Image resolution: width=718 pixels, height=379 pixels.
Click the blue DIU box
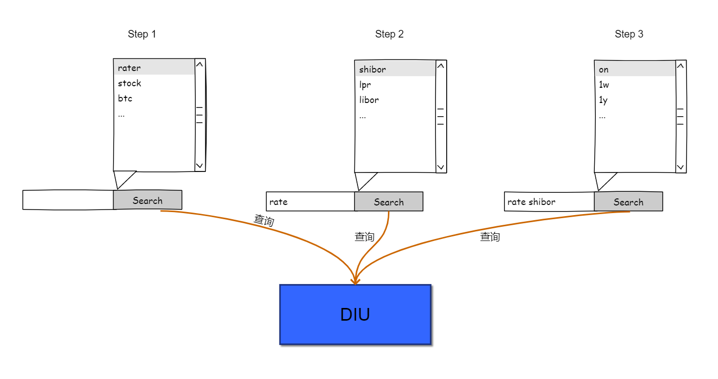[x=355, y=314]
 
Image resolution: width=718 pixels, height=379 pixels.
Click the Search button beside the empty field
[x=147, y=200]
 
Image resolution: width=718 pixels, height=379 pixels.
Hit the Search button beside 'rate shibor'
[x=628, y=202]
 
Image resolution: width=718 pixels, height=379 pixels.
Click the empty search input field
[x=68, y=200]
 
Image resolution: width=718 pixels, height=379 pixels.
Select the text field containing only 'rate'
[x=310, y=202]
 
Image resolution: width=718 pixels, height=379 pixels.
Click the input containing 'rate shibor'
[x=549, y=202]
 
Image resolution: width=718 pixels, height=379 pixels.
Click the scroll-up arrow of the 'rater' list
[x=200, y=64]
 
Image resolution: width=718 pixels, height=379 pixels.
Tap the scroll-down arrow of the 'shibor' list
[x=441, y=167]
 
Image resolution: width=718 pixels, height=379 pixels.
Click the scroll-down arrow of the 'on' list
[x=680, y=167]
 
